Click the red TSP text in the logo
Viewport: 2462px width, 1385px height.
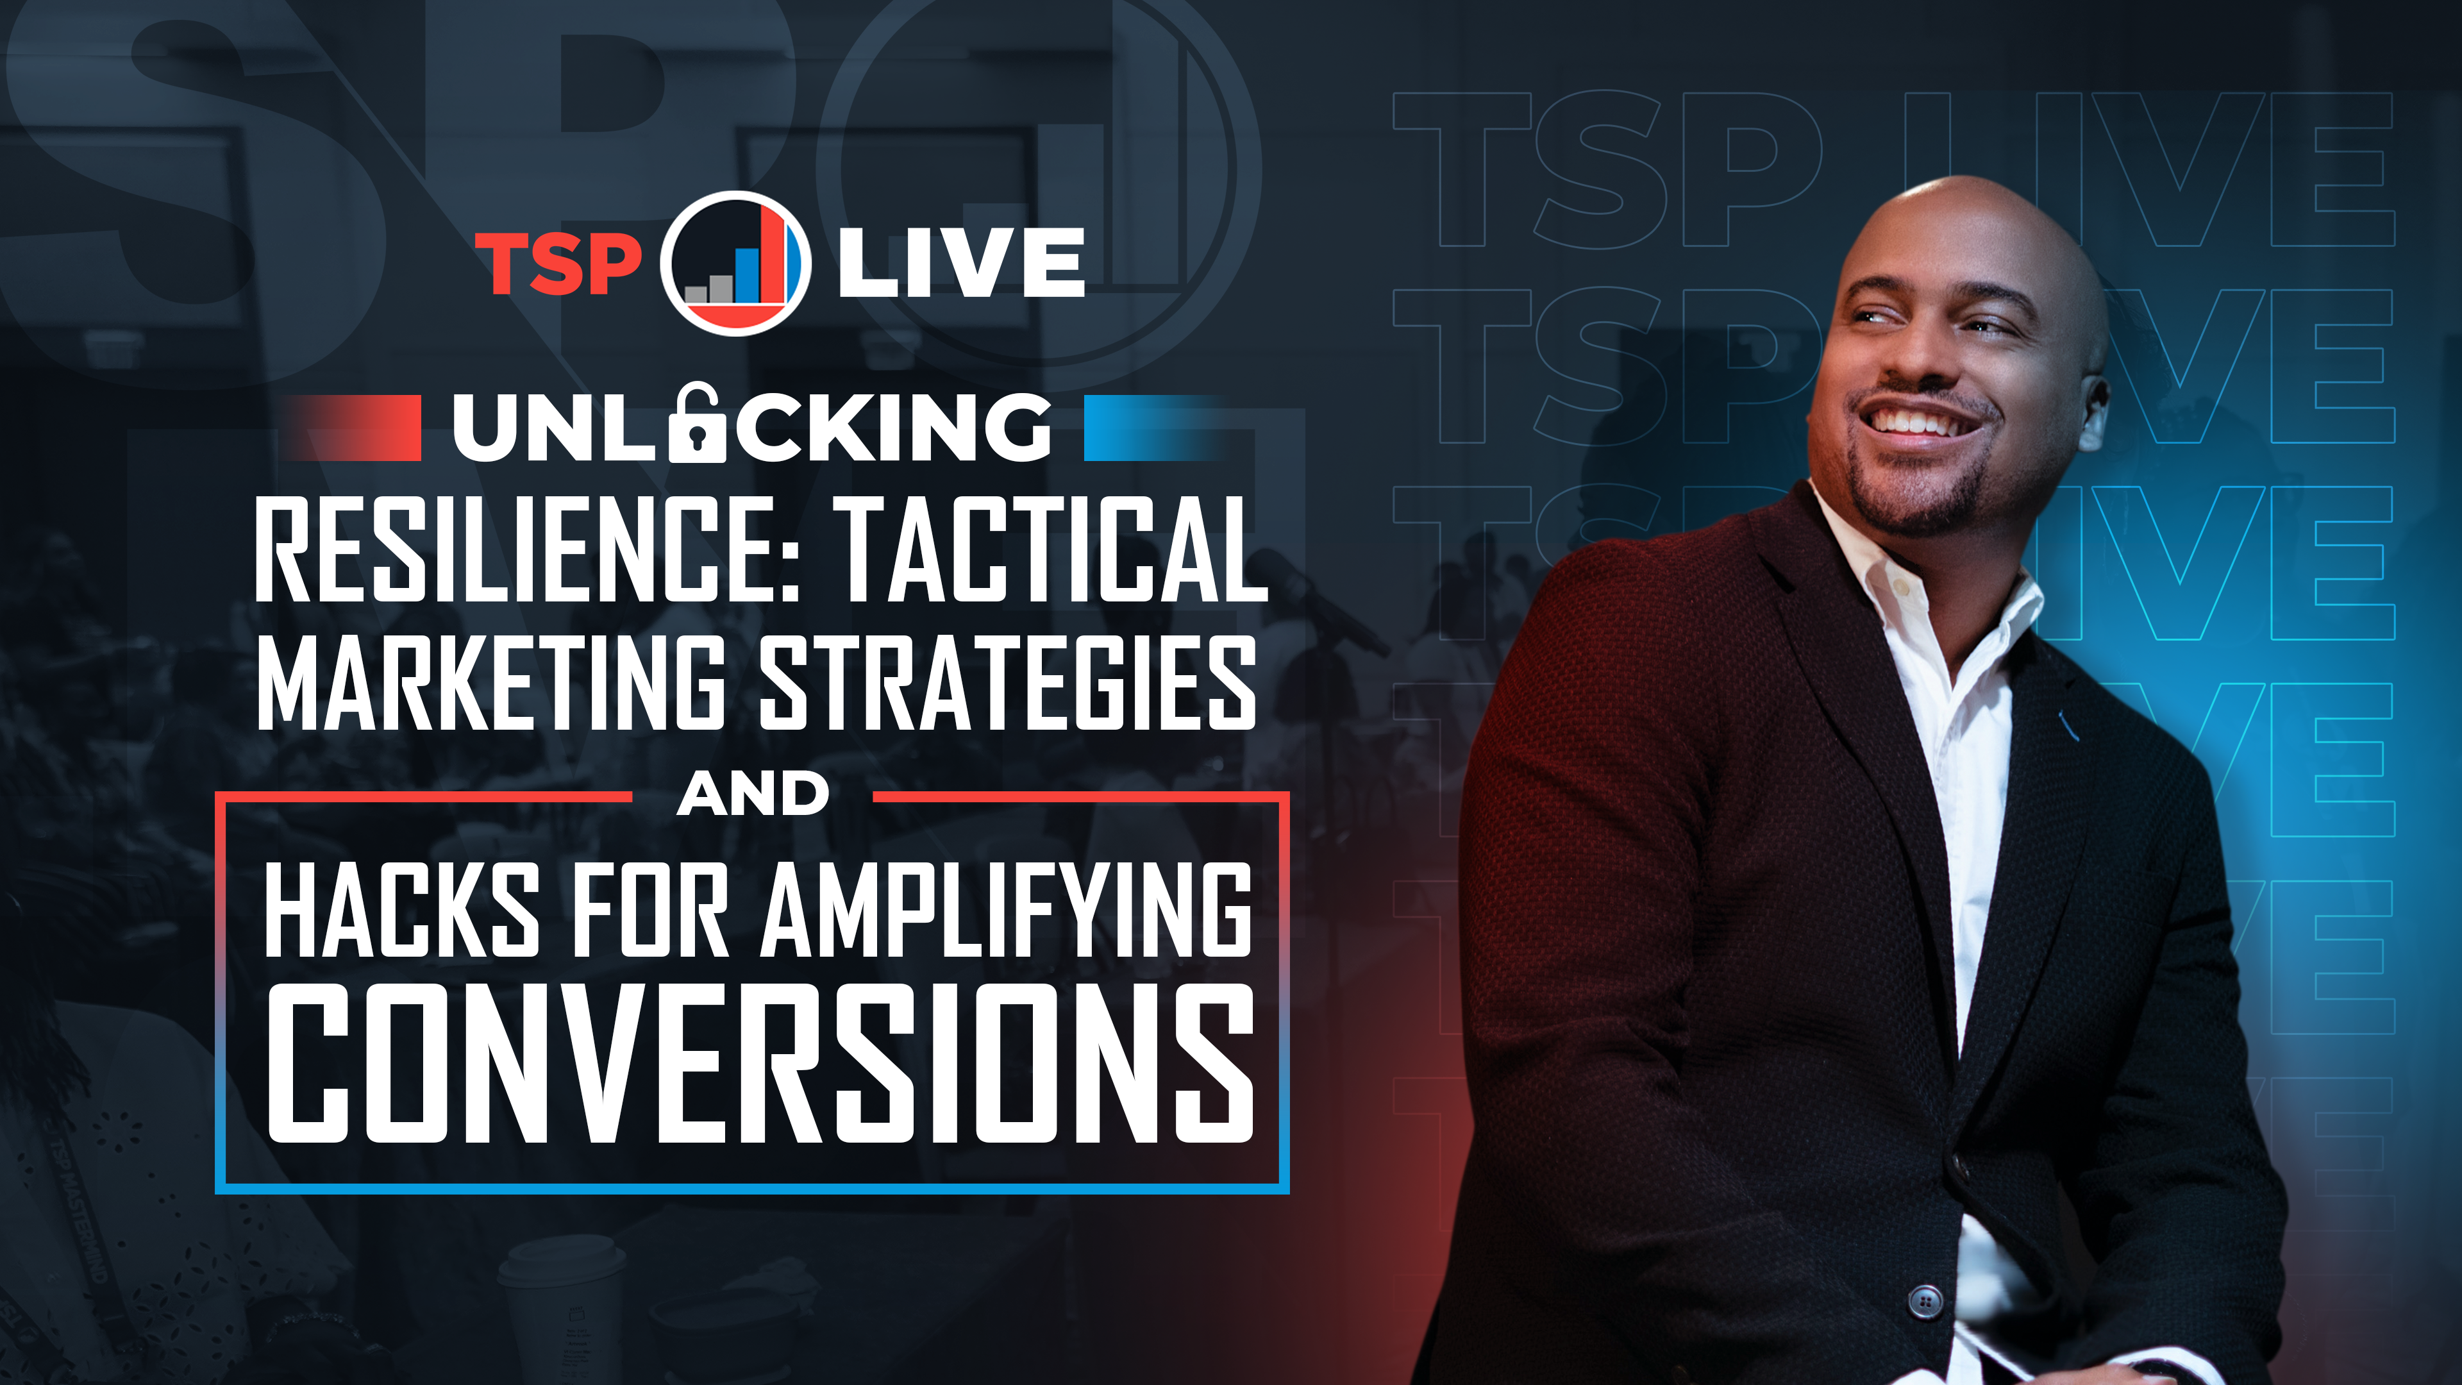point(558,263)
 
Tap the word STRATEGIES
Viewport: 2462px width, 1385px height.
point(1007,684)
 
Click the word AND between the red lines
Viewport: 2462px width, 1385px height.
point(752,794)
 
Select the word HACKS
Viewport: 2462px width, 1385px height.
point(401,909)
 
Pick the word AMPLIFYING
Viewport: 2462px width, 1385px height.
point(1005,909)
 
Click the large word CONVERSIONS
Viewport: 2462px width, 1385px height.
point(760,1064)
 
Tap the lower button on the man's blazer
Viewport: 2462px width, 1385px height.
point(1924,1301)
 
